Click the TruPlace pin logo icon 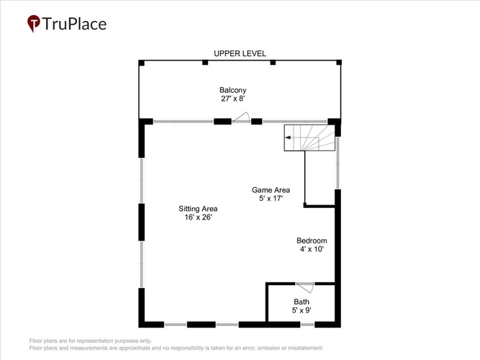coord(33,23)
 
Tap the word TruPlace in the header coord(74,24)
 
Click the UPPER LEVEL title coord(240,53)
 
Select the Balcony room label coord(233,90)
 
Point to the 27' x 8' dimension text coord(233,99)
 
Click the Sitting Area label coord(198,209)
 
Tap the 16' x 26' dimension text coord(198,217)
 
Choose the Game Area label coord(271,190)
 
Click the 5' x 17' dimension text coord(271,199)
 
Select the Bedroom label coord(312,240)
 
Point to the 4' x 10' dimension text coord(312,249)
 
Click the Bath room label coord(302,302)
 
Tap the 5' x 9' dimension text coord(302,310)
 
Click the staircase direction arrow coord(288,138)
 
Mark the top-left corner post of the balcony coord(142,63)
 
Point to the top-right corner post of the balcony coord(339,63)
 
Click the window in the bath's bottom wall coord(307,325)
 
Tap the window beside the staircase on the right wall coord(338,163)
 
